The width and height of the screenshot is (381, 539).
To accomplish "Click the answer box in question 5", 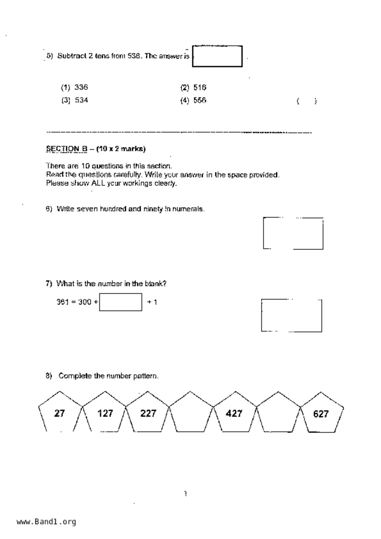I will [217, 56].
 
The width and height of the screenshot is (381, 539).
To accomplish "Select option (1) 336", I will [75, 88].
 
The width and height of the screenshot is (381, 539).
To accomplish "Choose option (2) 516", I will [193, 88].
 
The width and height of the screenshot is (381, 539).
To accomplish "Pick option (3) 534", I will [75, 100].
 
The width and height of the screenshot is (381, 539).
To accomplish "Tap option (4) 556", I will [193, 101].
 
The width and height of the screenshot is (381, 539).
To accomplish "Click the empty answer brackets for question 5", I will [307, 101].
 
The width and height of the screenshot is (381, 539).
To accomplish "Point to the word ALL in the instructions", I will [98, 183].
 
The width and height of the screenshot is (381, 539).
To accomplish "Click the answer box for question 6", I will [293, 233].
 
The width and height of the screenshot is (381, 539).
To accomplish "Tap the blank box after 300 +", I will [121, 302].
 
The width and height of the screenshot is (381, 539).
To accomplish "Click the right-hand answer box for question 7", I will [292, 316].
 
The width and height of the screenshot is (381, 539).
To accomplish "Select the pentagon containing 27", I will [60, 413].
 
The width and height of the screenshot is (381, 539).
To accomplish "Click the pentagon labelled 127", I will [105, 413].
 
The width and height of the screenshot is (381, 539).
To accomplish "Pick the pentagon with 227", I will [148, 413].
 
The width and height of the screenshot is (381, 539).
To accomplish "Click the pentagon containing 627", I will [321, 413].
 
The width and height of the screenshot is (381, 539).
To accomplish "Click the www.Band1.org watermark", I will [46, 522].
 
